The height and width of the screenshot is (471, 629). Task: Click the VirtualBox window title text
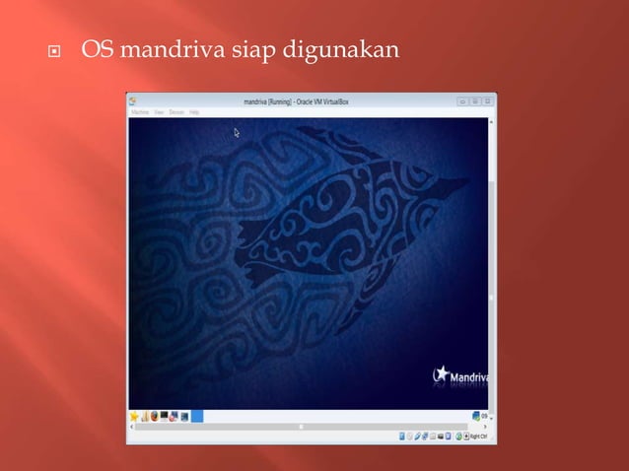tap(309, 101)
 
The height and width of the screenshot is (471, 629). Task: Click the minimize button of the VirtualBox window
tap(462, 101)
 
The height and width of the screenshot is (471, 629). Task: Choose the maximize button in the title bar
tap(475, 101)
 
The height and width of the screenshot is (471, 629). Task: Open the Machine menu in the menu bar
tap(139, 112)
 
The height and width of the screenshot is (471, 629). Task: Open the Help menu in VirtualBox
tap(194, 112)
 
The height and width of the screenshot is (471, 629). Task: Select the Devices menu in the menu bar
tap(176, 112)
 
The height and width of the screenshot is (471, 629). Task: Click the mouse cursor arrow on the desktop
tap(237, 132)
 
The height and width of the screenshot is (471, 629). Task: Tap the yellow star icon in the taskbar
tap(134, 416)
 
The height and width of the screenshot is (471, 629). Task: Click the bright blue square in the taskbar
tap(197, 416)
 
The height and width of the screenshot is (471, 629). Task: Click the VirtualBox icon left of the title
tap(132, 101)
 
